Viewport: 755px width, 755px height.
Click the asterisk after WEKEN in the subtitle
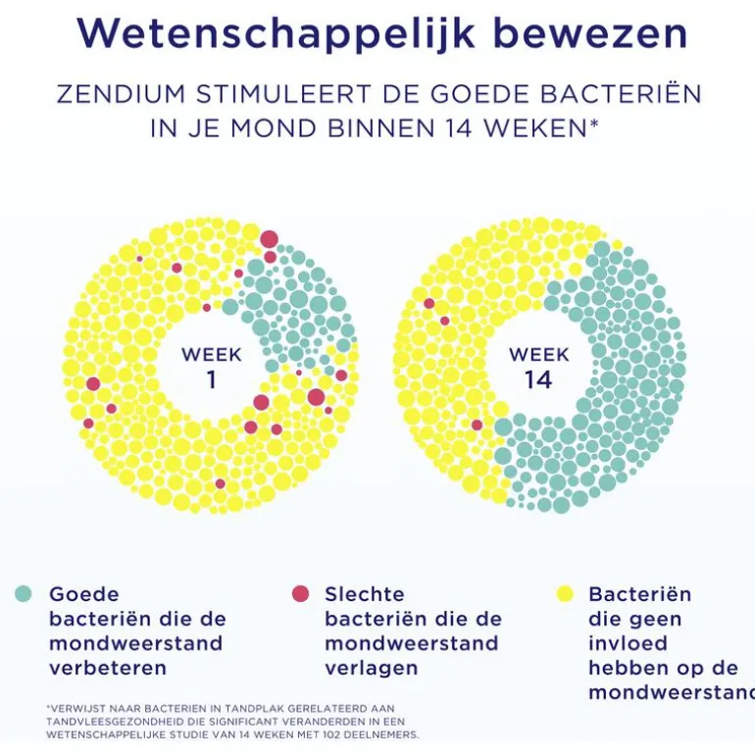point(594,125)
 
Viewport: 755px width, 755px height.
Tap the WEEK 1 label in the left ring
point(211,367)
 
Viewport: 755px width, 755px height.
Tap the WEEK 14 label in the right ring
point(538,367)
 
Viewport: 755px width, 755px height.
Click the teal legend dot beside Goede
point(25,593)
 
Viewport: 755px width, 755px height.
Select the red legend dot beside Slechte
point(300,593)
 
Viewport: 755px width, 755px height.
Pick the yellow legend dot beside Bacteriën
point(565,593)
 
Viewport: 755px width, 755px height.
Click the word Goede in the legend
point(84,594)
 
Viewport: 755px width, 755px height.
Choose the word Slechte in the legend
point(364,594)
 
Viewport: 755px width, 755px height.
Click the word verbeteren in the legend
point(108,669)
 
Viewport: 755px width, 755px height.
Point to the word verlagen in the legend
point(372,669)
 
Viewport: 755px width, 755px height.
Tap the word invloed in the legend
point(628,644)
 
